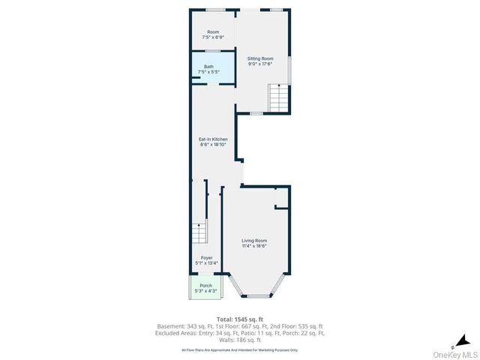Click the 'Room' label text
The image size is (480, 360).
(213, 32)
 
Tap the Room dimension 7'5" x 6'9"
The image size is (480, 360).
(213, 37)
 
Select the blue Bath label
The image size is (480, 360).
(208, 67)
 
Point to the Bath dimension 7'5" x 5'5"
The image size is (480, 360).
(208, 72)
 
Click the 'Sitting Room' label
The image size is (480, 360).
(261, 58)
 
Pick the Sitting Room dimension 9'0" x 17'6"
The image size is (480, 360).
(261, 64)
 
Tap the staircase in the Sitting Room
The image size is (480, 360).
(278, 98)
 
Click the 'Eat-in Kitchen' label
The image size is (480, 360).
(213, 139)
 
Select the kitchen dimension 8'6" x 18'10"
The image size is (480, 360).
(213, 145)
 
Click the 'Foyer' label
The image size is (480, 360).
(206, 258)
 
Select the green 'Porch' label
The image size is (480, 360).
(205, 286)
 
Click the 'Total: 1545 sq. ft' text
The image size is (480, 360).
(240, 319)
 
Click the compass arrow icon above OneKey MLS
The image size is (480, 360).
(464, 342)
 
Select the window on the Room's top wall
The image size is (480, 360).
(216, 10)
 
